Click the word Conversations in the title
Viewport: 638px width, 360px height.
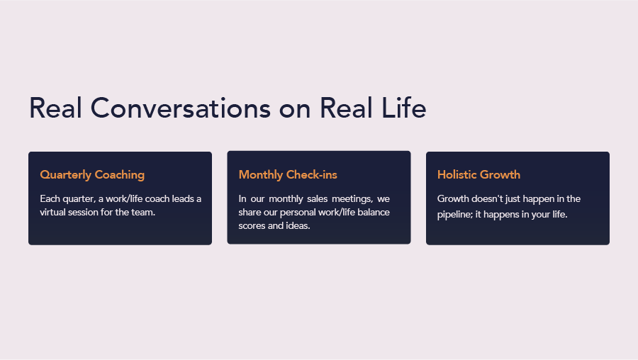pos(180,108)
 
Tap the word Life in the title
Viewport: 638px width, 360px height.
pos(403,108)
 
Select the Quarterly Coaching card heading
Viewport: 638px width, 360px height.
pos(92,175)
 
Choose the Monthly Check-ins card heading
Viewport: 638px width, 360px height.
pos(288,175)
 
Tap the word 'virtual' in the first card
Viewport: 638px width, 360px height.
pos(52,213)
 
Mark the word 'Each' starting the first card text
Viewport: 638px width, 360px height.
pos(50,199)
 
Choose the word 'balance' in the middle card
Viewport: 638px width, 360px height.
pos(374,213)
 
